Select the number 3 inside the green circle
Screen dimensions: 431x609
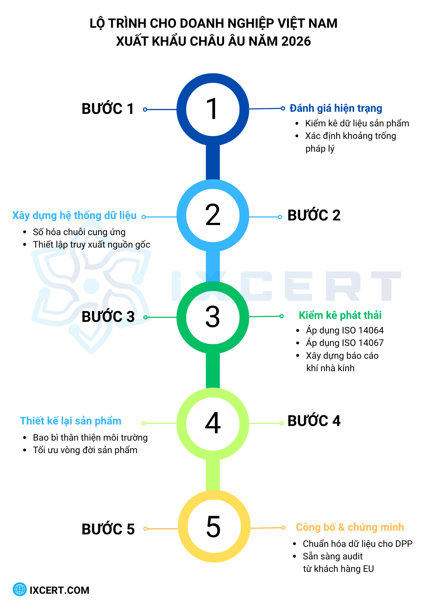213,317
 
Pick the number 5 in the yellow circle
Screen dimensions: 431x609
213,527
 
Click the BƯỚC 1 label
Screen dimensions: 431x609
108,109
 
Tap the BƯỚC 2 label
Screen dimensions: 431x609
314,215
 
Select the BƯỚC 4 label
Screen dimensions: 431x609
314,421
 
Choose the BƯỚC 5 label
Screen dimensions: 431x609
108,529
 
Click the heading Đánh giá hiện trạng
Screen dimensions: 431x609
336,108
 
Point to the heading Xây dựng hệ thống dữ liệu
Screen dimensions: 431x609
74,216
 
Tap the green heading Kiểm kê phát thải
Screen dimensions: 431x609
340,315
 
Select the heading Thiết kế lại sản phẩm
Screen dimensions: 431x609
71,421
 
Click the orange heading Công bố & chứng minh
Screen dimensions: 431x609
350,527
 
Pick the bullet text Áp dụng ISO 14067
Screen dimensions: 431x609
345,343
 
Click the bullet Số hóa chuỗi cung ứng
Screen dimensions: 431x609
79,232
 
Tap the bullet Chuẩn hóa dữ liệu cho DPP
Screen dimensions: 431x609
358,544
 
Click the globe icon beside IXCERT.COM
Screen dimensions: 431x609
20,590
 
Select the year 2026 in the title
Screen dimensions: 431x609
296,41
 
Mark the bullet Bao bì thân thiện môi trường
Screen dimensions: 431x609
90,438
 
